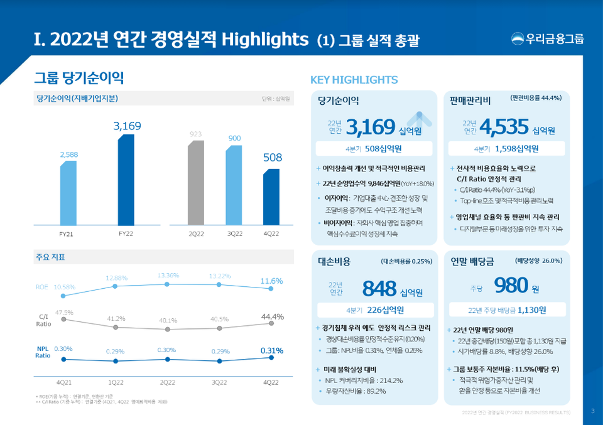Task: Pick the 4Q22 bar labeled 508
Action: (271, 196)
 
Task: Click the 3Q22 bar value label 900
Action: (234, 138)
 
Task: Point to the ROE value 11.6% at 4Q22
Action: (271, 281)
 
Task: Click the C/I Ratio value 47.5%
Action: (64, 312)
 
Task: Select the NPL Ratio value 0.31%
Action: (271, 350)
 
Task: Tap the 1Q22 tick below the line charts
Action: (115, 381)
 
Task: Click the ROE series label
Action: (42, 287)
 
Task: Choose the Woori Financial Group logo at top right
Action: (547, 39)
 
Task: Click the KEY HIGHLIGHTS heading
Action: (354, 80)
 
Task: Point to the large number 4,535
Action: (503, 127)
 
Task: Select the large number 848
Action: (379, 288)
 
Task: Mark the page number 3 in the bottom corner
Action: (592, 411)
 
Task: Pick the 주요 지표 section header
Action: (51, 257)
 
